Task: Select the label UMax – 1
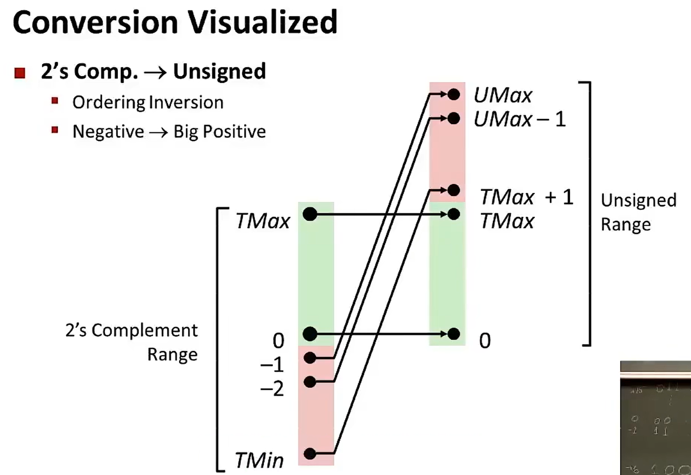pos(519,120)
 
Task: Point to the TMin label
pos(260,461)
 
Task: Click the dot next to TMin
pos(310,453)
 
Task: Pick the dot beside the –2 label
pos(310,381)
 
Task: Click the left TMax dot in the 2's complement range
pos(310,214)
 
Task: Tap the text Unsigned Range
pos(638,212)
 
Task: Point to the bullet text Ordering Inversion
pos(148,102)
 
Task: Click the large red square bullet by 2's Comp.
pos(20,73)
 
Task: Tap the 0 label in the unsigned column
pos(484,340)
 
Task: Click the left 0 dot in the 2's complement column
pos(310,334)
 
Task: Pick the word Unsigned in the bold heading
pos(219,71)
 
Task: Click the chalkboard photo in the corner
pos(655,418)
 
